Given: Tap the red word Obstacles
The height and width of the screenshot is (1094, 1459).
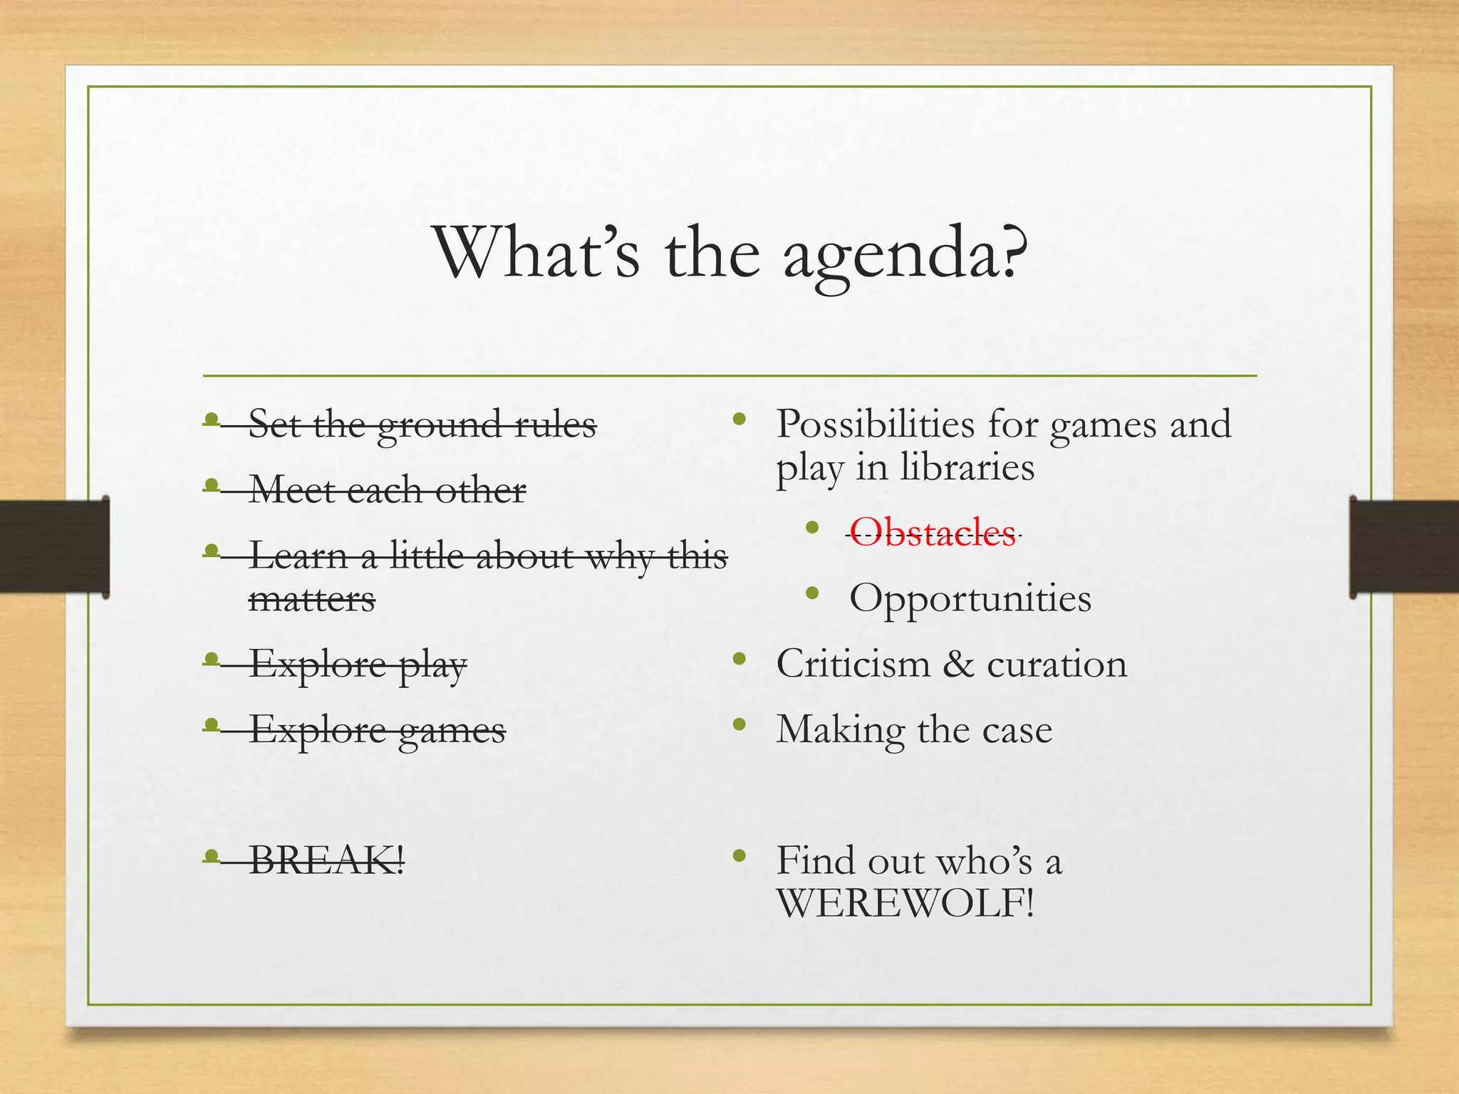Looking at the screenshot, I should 933,533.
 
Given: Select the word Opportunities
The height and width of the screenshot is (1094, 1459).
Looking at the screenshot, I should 970,598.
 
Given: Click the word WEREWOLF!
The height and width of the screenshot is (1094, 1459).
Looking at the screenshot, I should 905,904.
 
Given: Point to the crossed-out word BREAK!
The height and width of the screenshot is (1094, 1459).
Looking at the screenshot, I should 327,860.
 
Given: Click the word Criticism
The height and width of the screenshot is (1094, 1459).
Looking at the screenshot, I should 853,664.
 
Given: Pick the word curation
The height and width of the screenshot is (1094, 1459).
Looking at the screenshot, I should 1056,664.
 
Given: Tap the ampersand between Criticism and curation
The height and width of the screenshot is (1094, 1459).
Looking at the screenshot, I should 958,664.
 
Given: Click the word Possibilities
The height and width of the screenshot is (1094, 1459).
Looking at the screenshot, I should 875,424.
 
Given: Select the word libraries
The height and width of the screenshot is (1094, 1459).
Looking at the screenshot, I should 967,468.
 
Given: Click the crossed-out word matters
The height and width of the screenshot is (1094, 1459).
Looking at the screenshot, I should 311,600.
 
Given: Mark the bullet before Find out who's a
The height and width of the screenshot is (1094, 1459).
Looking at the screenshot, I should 739,855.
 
